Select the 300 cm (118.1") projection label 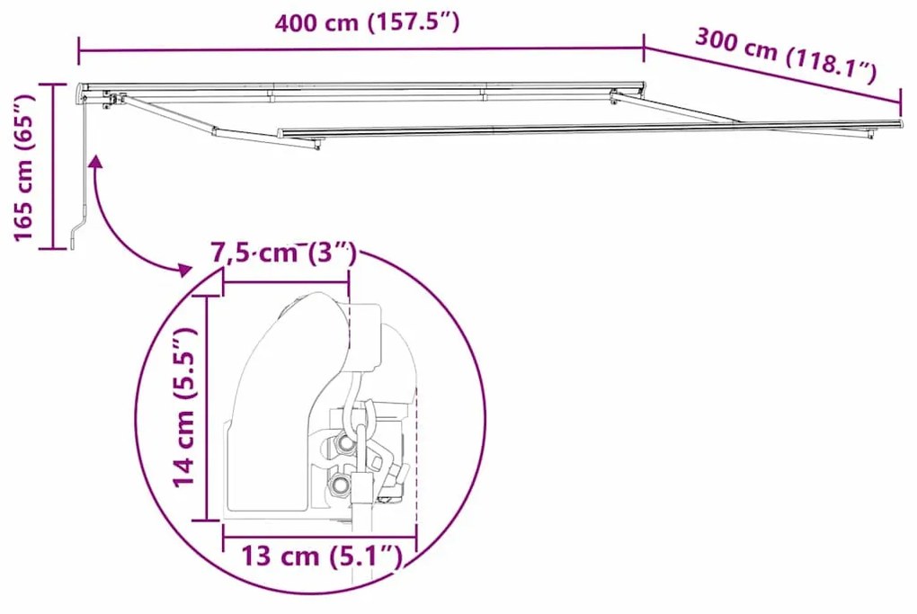(x=784, y=54)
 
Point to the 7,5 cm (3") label (x=283, y=254)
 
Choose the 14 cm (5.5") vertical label (x=184, y=407)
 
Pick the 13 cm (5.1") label (x=321, y=556)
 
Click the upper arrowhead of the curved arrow (x=95, y=161)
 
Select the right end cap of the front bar (x=899, y=123)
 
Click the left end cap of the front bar (x=281, y=134)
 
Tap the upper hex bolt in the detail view (x=346, y=443)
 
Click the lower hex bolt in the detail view (x=339, y=485)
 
